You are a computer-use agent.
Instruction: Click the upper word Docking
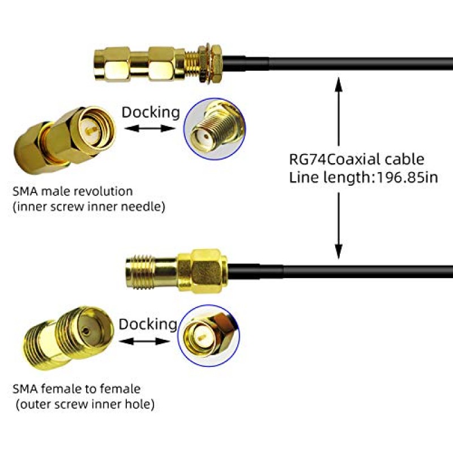(x=151, y=112)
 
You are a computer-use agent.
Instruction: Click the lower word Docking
(x=148, y=324)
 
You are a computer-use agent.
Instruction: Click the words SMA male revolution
(x=72, y=191)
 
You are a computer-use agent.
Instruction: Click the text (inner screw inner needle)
(x=89, y=207)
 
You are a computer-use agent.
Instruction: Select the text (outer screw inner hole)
(x=85, y=404)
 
